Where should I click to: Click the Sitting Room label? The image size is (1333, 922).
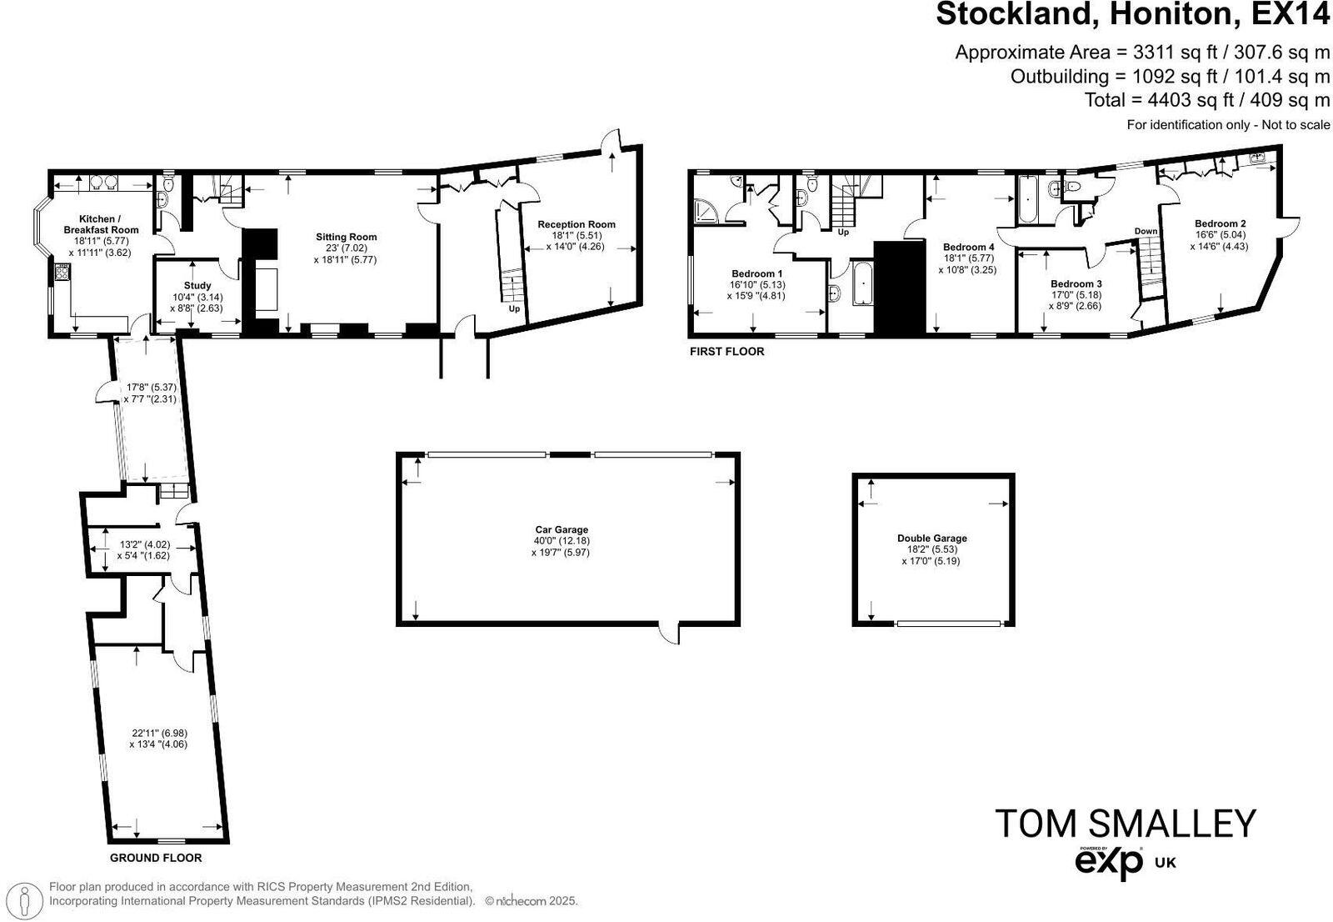346,237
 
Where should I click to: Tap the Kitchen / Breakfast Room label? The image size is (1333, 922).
102,224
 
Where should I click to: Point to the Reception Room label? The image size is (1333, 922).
576,224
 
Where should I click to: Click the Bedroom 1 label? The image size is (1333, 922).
756,273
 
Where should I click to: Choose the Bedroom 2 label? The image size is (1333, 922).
1220,223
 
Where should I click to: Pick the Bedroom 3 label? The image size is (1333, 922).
1076,283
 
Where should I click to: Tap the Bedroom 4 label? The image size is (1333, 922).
968,247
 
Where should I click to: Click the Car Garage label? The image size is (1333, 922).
561,529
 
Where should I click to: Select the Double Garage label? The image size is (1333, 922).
931,539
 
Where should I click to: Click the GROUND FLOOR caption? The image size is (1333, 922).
156,858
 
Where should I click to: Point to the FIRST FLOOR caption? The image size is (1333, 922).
726,352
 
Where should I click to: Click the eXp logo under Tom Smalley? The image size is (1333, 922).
1109,862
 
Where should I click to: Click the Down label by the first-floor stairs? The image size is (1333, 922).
1146,231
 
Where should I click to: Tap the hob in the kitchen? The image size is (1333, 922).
61,272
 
